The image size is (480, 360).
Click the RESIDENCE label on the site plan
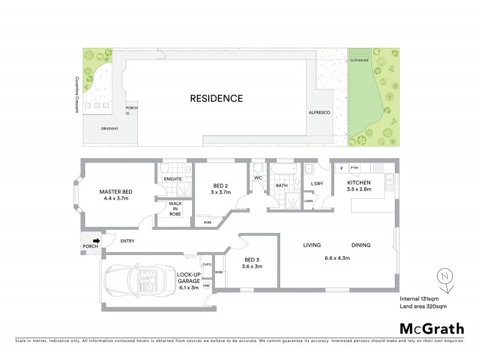click(217, 98)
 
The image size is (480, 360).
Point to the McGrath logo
click(431, 328)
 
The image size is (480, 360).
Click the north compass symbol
click(443, 277)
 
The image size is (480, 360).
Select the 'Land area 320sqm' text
click(424, 307)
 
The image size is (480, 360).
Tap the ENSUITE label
click(172, 179)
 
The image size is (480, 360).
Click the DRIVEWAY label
click(110, 128)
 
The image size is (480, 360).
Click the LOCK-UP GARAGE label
click(188, 277)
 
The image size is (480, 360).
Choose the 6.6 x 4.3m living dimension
click(337, 259)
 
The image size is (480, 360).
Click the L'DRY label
click(317, 184)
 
